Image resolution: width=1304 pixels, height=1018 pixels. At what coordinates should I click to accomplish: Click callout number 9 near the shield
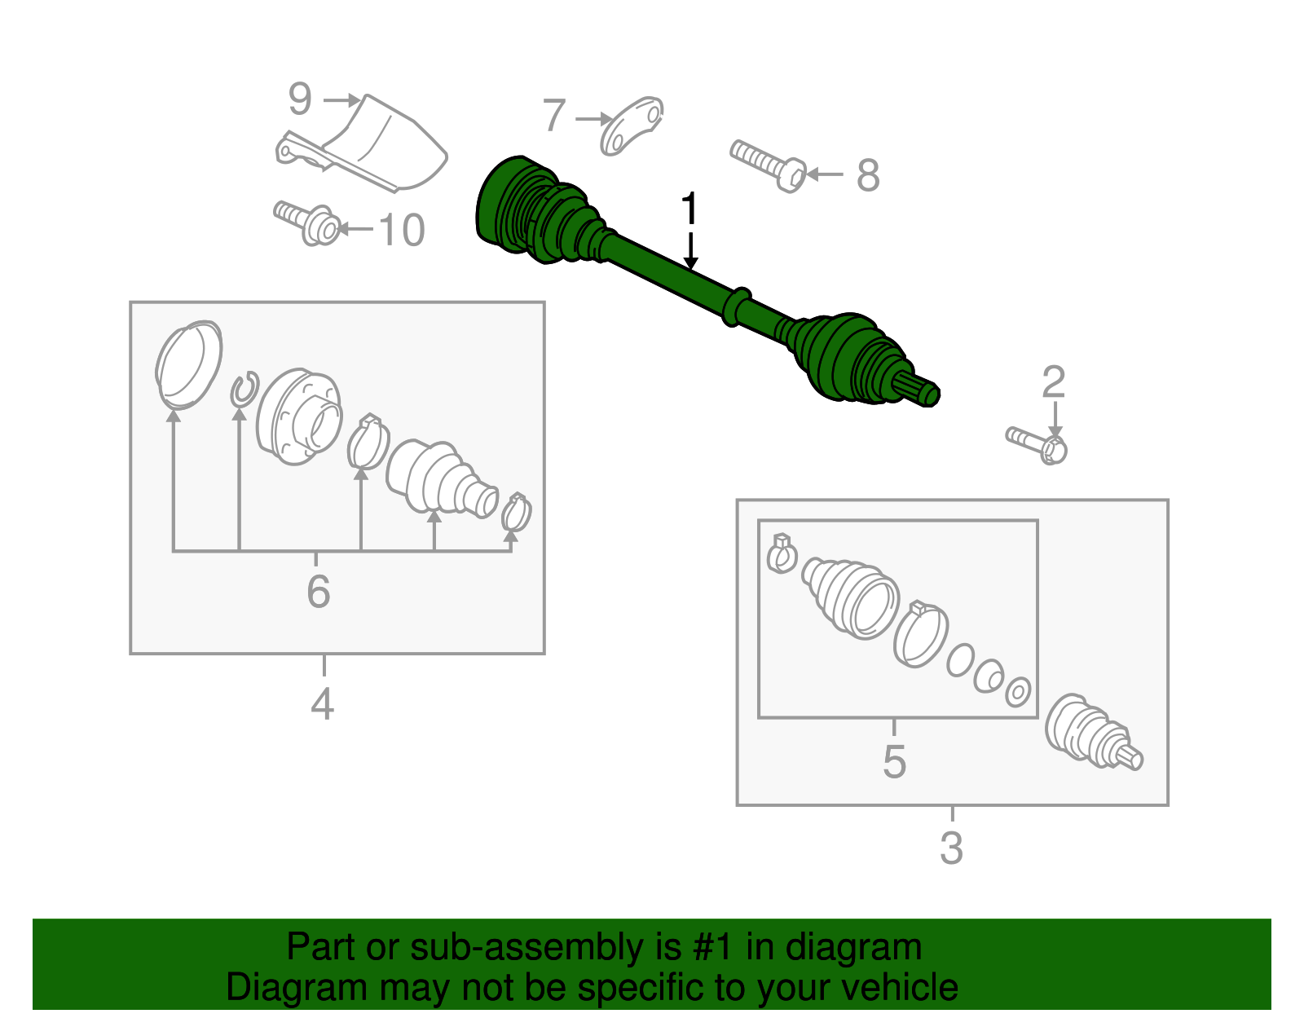click(300, 99)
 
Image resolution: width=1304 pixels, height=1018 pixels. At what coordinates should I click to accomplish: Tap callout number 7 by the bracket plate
click(554, 116)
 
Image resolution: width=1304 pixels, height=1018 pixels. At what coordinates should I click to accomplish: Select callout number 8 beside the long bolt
click(868, 175)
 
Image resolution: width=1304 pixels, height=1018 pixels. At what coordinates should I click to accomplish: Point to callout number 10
click(401, 230)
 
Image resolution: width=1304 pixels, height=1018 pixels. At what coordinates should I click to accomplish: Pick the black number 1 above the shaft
click(689, 209)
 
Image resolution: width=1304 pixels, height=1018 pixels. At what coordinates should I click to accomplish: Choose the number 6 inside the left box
click(318, 591)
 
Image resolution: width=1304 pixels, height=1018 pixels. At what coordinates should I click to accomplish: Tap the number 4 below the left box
click(322, 703)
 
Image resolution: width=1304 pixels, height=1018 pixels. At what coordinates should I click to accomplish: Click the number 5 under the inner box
click(894, 761)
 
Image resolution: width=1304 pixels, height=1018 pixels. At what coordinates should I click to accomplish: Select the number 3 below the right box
click(951, 848)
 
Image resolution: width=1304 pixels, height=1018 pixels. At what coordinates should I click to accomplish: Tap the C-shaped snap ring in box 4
click(244, 389)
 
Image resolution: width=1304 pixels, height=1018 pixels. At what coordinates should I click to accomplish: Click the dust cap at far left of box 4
click(188, 364)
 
